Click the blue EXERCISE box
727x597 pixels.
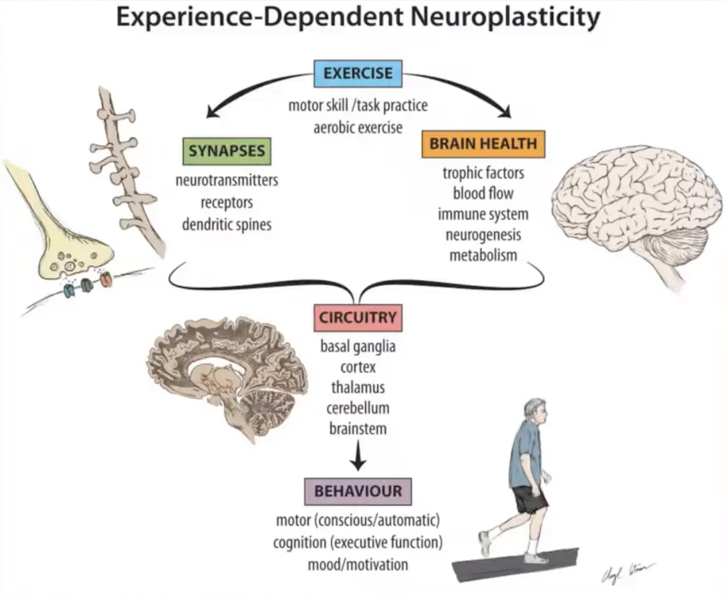(358, 74)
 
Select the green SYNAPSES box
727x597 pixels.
(226, 150)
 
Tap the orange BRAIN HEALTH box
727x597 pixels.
(483, 144)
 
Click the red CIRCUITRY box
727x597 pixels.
(358, 318)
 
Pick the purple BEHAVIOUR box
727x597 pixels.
(358, 491)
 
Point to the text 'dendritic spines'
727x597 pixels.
(226, 224)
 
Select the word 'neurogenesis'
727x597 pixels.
(483, 235)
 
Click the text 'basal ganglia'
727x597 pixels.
(358, 347)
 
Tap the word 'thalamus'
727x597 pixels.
(358, 388)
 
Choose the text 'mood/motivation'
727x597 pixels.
(358, 565)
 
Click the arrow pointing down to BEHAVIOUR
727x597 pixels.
(359, 455)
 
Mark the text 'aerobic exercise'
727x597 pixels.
(358, 126)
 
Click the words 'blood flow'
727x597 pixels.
(483, 193)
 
